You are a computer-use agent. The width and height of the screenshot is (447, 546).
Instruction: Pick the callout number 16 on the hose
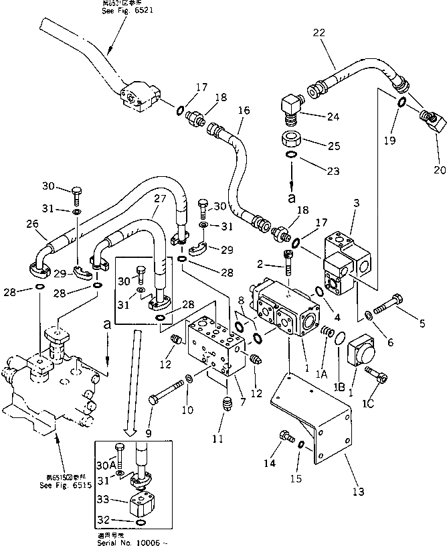point(243,110)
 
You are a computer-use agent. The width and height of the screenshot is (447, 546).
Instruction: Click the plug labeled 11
point(225,405)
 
